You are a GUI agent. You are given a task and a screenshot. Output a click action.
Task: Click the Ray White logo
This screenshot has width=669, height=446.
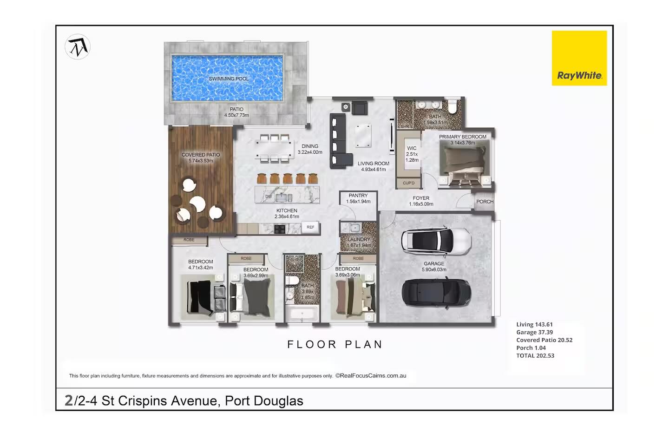coord(579,58)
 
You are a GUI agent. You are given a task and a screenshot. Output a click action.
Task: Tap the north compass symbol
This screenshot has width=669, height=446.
coord(78,47)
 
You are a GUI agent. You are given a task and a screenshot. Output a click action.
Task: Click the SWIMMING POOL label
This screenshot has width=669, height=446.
coord(229,79)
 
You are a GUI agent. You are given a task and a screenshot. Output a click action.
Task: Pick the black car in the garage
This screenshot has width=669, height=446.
coord(436,293)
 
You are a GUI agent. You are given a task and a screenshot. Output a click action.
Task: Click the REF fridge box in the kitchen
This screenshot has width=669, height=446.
coord(310,227)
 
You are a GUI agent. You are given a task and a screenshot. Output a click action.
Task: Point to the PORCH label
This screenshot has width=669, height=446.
coord(485,202)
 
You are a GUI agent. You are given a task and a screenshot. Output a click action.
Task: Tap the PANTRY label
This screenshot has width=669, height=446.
coord(358,196)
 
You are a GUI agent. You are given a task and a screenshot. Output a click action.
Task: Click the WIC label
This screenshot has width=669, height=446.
coord(412,148)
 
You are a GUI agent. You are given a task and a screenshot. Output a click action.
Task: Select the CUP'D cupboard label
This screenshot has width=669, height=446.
coord(409,183)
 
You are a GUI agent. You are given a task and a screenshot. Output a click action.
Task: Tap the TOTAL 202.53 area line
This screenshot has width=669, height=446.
coord(535,356)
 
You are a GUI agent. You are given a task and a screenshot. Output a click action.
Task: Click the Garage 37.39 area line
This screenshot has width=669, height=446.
coord(534,333)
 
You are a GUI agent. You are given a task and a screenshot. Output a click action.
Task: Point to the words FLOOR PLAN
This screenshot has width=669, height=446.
coord(334,345)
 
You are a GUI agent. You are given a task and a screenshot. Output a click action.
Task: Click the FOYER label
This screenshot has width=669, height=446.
coord(421,198)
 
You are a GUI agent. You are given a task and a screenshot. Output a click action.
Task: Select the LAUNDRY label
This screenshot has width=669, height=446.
coord(359,239)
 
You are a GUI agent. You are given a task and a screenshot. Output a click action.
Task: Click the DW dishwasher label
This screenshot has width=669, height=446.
coord(269,197)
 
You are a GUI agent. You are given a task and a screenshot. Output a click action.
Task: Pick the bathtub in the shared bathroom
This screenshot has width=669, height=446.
coord(302,314)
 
